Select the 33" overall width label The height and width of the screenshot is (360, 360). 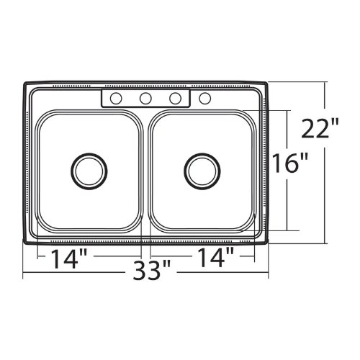[152, 270]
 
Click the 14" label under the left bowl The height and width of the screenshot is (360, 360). [69, 258]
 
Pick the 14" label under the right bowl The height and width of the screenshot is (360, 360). [215, 257]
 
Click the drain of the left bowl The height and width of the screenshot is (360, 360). [89, 171]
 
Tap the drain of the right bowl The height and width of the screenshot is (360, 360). [202, 171]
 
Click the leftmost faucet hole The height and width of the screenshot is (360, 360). [116, 99]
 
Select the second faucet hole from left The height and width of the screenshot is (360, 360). [145, 99]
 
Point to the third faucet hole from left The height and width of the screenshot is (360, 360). [175, 99]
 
